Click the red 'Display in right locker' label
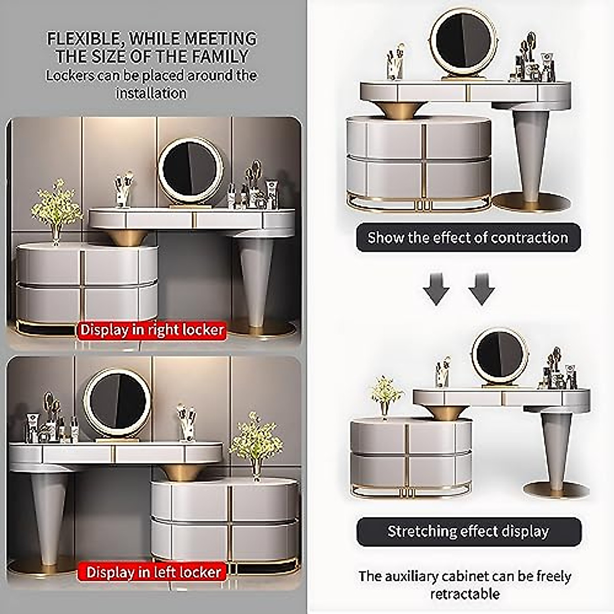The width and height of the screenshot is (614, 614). [x=152, y=330]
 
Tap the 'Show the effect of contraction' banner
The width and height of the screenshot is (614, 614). [x=468, y=237]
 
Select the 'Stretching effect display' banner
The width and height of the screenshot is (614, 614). [x=468, y=531]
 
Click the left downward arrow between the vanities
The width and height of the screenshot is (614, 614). [x=436, y=289]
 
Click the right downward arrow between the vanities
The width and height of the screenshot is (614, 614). [x=481, y=289]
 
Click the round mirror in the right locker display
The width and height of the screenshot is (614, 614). [x=191, y=171]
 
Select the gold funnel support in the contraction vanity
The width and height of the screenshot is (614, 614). [x=401, y=109]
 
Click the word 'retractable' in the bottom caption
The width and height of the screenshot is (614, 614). [x=465, y=594]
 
